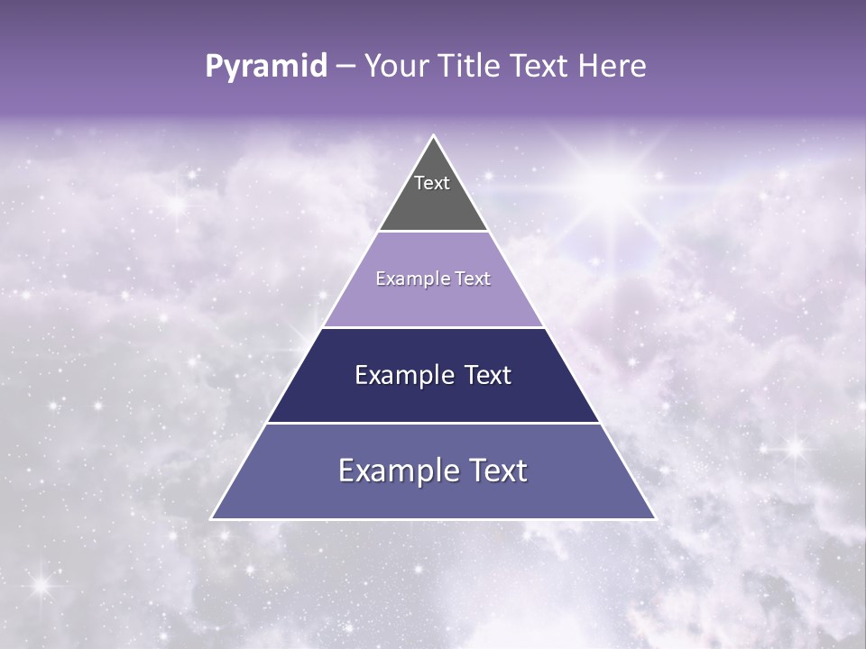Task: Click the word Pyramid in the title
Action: coord(266,67)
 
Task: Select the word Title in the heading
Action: coord(473,67)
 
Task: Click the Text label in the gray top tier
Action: coord(432,183)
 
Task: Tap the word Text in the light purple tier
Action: coord(473,279)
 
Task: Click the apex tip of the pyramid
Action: coord(434,137)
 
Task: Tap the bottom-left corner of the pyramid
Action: coord(212,518)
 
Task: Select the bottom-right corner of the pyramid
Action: coord(655,518)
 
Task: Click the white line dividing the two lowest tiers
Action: coord(433,423)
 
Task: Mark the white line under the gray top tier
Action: coord(433,232)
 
